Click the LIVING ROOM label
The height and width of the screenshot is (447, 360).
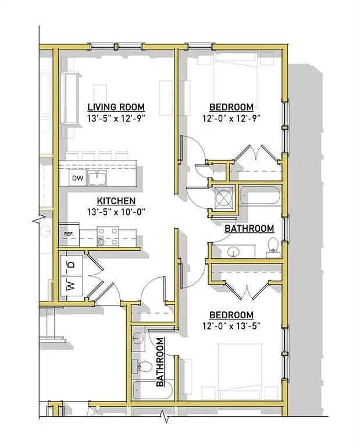pos(116,107)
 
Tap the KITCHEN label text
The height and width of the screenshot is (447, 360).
pos(116,201)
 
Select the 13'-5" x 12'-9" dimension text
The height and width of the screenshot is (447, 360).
pos(116,118)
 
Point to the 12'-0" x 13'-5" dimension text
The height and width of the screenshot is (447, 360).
pos(231,325)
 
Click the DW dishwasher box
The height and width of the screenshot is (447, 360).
pos(77,178)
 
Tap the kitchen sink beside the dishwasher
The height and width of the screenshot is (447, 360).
pos(97,178)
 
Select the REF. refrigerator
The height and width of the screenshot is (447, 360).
pos(69,235)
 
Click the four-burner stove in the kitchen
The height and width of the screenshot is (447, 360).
pos(108,236)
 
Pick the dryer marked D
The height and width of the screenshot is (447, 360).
pos(72,265)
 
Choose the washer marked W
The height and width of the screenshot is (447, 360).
pos(72,286)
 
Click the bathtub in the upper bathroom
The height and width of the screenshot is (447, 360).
pos(261,196)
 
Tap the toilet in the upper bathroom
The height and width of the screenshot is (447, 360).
pos(273,247)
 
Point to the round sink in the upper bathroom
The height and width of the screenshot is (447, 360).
pos(234,251)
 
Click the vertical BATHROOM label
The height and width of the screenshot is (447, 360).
pos(160,362)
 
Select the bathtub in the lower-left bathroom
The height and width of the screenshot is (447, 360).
pos(152,390)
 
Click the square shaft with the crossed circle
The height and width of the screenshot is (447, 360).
pos(224,197)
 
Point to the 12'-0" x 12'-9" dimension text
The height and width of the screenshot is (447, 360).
pos(231,118)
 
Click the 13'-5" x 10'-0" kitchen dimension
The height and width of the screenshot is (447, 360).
pos(116,212)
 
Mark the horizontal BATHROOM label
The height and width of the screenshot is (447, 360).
pos(249,228)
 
